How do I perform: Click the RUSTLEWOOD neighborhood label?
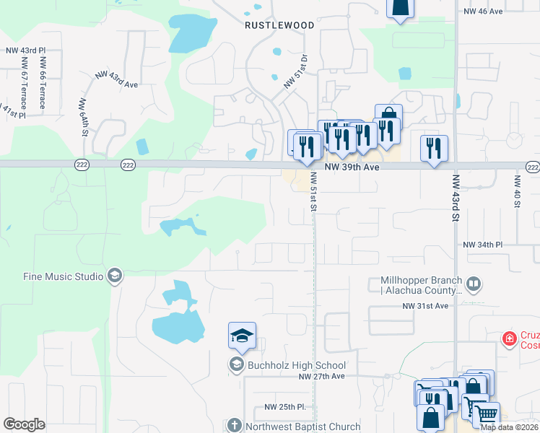279,25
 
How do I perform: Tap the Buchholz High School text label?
297,365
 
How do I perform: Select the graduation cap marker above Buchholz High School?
242,336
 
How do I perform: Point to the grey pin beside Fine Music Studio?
114,276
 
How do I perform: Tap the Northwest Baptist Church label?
303,427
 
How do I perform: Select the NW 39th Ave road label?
352,167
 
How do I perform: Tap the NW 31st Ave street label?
426,306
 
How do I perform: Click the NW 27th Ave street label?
323,377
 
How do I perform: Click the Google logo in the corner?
24,424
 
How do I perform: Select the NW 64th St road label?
84,118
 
